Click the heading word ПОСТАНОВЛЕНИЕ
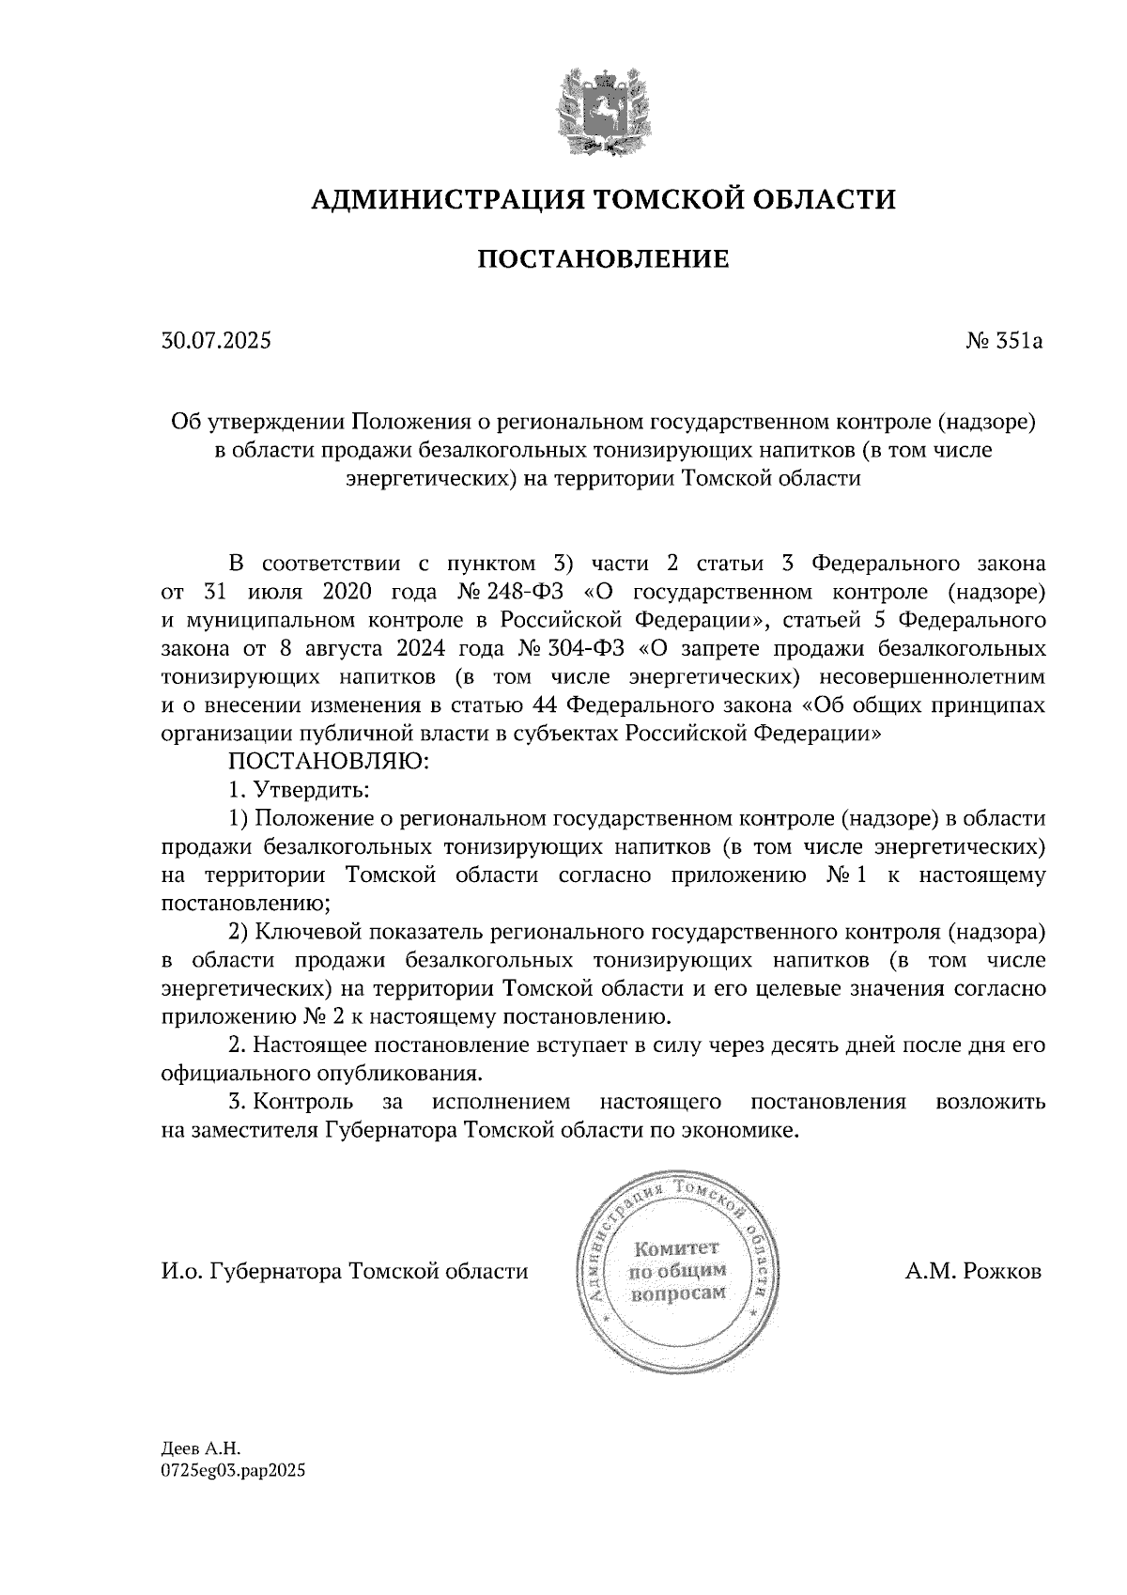point(603,258)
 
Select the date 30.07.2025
point(216,341)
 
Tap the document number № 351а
point(1004,341)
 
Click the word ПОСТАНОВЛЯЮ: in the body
point(329,762)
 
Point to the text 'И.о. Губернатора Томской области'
point(345,1272)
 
